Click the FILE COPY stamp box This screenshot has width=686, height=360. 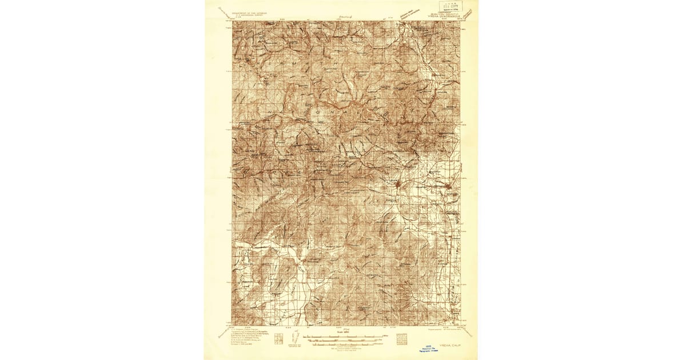[x=450, y=6]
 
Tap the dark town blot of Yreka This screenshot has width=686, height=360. [x=398, y=185]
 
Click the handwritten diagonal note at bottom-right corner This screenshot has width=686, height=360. [x=466, y=330]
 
